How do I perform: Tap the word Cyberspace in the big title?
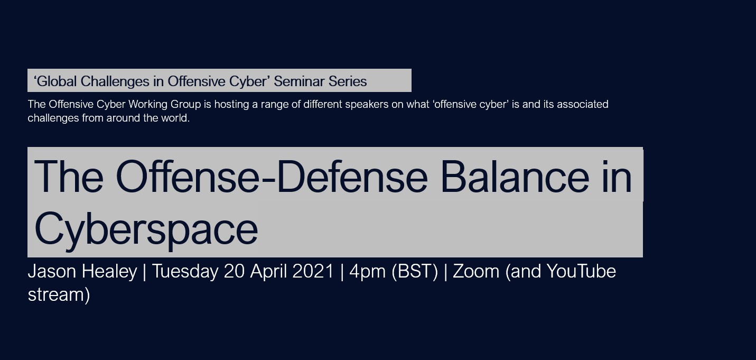(x=146, y=229)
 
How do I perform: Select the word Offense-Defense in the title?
(x=272, y=177)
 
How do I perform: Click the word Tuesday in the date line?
(x=185, y=272)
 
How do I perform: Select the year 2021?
(x=313, y=271)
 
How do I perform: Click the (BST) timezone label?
(x=415, y=272)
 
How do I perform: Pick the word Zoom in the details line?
(x=476, y=271)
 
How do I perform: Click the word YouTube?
(x=581, y=271)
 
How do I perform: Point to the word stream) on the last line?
(x=59, y=294)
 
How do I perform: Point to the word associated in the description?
(x=582, y=104)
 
